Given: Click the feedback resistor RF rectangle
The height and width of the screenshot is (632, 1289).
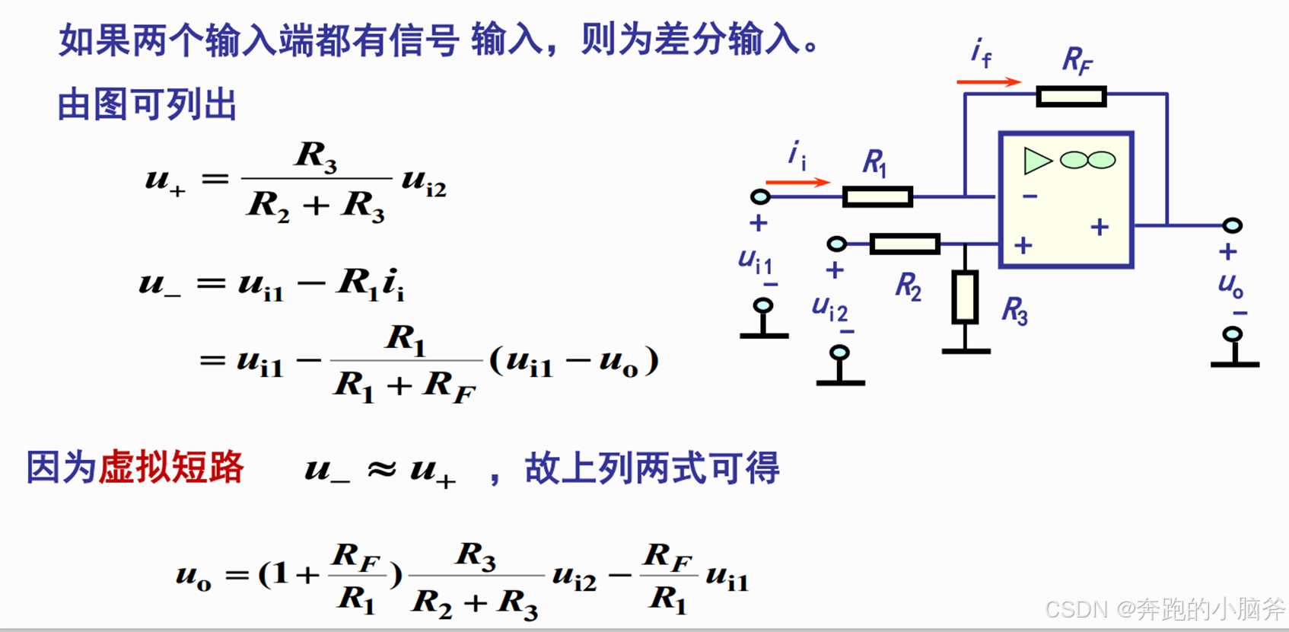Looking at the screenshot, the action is point(1071,96).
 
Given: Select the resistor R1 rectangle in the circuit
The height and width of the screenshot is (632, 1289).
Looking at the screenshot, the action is point(877,197).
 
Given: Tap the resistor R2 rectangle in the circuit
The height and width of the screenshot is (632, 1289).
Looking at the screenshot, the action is point(905,244).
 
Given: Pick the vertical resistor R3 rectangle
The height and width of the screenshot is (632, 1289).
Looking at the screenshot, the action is point(965,296).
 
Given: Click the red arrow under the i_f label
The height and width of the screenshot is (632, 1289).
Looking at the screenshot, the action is point(988,81).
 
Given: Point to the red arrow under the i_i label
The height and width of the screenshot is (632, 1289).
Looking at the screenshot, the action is point(797,182).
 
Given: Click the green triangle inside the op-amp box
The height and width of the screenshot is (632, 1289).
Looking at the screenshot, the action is point(1036,161).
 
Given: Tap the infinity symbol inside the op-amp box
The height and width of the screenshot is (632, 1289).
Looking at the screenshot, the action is point(1087,160).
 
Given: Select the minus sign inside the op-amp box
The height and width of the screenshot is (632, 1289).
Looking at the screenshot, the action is point(1030,196).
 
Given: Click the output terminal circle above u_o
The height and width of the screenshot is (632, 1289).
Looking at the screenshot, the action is point(1232,225).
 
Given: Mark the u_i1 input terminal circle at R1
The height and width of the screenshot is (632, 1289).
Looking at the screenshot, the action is point(760,197).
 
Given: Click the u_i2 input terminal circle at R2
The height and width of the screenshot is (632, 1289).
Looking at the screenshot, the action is point(836,244).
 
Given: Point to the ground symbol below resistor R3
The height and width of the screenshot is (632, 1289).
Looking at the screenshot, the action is point(966,350).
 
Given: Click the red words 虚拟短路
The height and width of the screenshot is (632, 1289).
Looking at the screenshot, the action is point(171,467).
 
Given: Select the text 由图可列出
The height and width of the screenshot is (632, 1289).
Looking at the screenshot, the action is point(147,104).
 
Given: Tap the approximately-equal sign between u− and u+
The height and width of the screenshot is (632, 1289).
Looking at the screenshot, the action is point(381,469).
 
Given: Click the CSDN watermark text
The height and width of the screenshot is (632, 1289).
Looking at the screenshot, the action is point(1164,608).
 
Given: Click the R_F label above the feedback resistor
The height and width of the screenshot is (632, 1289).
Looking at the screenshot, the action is point(1077,60).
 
